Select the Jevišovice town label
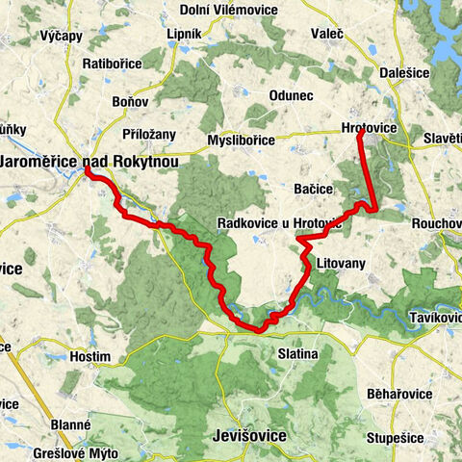248,436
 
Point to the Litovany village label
337,263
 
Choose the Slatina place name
297,354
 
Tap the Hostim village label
91,356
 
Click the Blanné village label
71,423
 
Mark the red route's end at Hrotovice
360,134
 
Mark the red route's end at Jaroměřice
87,170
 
